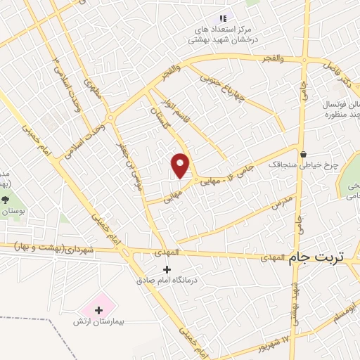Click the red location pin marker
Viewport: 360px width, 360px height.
[181, 165]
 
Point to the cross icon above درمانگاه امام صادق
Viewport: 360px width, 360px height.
[167, 269]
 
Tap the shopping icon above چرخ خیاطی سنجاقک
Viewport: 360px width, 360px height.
[302, 154]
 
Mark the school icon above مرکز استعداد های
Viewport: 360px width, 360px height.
[223, 18]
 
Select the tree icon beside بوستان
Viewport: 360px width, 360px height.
[6, 200]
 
